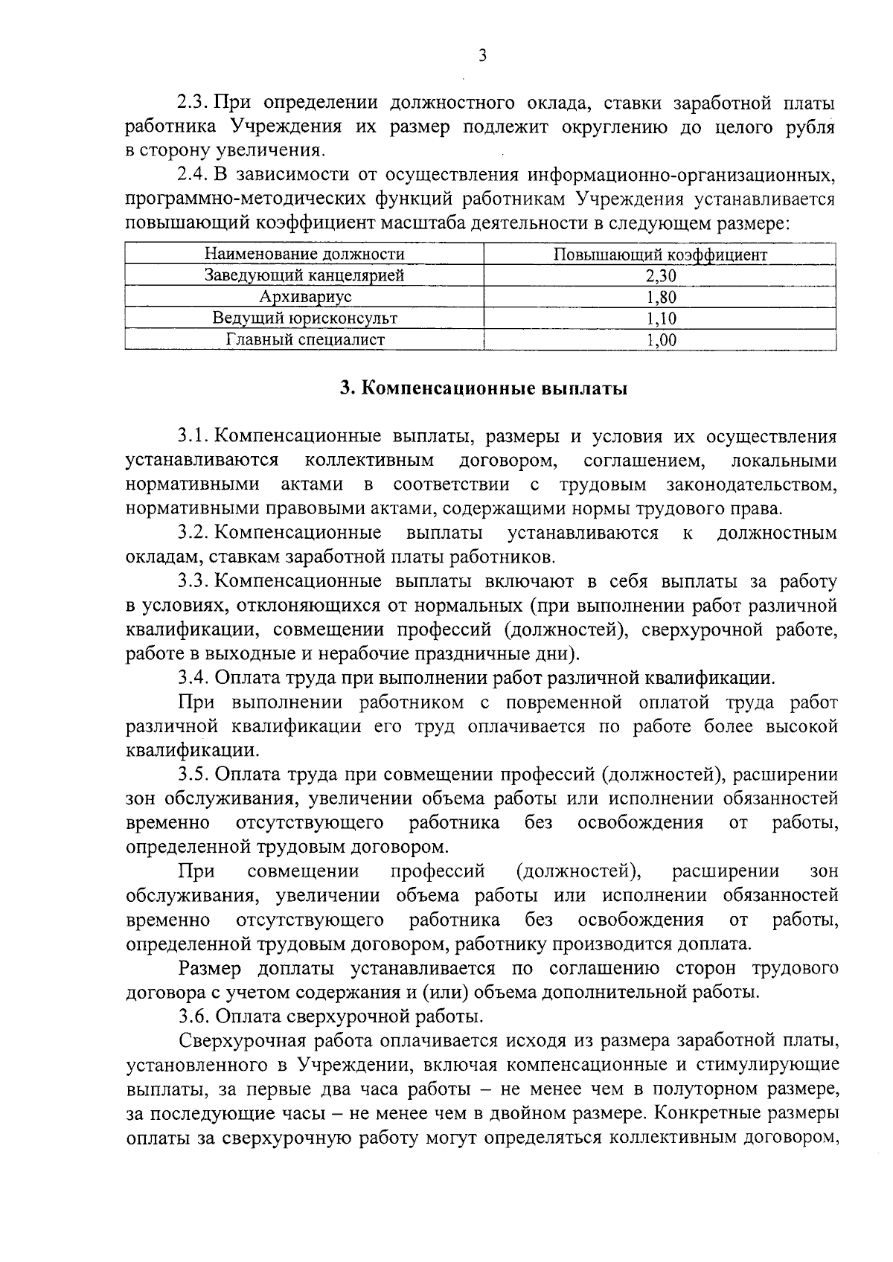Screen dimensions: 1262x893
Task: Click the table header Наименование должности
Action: click(x=304, y=254)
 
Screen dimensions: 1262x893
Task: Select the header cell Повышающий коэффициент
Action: click(x=660, y=254)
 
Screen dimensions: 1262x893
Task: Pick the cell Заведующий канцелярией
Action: click(x=304, y=275)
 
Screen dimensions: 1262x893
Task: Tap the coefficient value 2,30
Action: click(x=660, y=276)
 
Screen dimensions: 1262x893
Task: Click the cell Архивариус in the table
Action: click(x=304, y=297)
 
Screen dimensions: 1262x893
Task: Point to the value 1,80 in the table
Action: click(x=660, y=298)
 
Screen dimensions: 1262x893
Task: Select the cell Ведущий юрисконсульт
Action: click(x=304, y=318)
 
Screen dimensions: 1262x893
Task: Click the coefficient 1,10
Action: click(x=660, y=319)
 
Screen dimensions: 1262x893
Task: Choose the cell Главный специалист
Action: click(x=304, y=340)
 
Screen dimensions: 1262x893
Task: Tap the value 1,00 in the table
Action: click(x=660, y=341)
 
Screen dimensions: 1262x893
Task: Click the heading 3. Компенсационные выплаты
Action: click(x=483, y=389)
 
